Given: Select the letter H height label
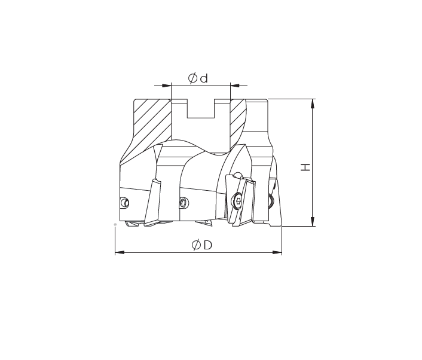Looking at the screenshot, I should click(305, 166).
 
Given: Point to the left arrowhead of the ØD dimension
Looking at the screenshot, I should click(118, 252).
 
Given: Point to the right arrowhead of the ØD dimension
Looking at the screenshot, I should click(278, 252).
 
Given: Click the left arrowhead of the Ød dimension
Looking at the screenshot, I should click(167, 86).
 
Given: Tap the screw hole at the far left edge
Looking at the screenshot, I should click(124, 202).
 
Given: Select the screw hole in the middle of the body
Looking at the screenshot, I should click(184, 202).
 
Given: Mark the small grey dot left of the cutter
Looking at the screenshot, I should click(114, 224).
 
